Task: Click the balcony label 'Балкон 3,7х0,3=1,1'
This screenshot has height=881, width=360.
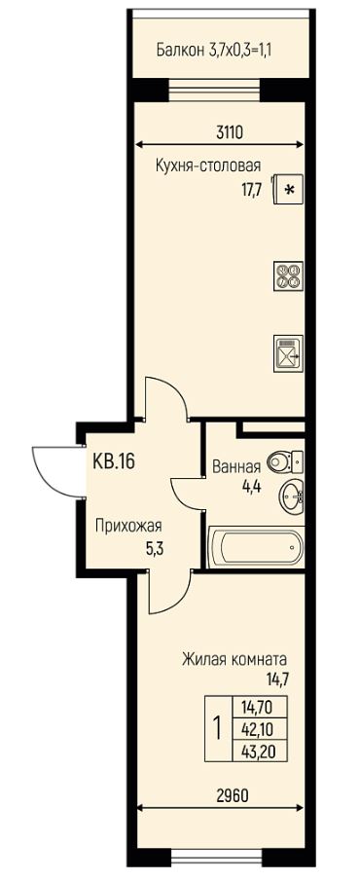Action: point(213,50)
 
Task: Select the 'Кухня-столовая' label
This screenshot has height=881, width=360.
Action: point(208,165)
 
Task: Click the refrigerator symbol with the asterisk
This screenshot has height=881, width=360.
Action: point(287,187)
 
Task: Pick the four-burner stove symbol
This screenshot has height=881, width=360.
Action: point(288,275)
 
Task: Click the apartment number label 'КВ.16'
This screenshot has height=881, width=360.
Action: point(113,460)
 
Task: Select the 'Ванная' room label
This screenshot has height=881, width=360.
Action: point(235,466)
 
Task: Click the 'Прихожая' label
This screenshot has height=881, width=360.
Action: point(127,527)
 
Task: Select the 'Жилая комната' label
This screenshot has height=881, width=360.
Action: point(234,658)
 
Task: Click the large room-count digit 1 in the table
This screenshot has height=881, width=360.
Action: point(216,727)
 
